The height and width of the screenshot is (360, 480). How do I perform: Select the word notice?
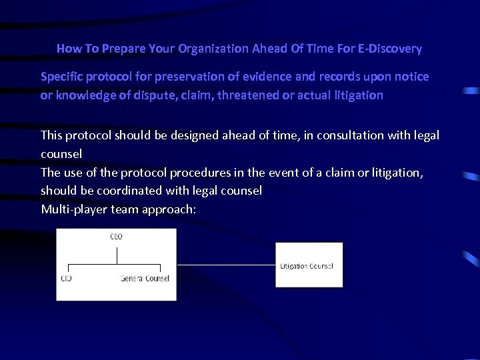tap(411, 77)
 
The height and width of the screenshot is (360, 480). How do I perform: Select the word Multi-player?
tap(69, 209)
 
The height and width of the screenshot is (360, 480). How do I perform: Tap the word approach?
tap(172, 209)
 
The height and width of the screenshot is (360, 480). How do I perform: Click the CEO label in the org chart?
tap(116, 237)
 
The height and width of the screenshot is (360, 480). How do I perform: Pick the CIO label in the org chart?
tap(67, 278)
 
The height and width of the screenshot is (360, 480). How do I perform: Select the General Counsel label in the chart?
tap(145, 278)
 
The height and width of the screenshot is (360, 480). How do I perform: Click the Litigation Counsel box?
tap(309, 265)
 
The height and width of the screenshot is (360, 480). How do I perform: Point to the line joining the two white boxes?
tap(226, 265)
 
